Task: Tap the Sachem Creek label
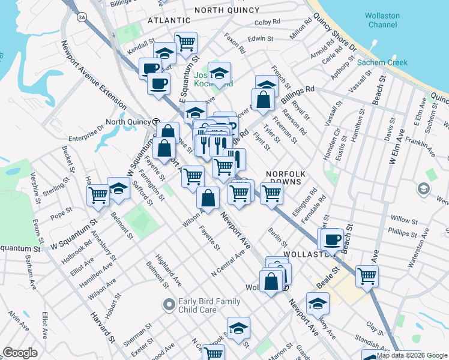tap(382, 62)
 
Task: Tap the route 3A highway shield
tap(82, 18)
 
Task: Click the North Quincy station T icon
tap(155, 122)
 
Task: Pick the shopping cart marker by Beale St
tap(367, 276)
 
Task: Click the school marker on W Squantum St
tap(119, 188)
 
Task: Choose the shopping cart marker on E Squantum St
tap(185, 43)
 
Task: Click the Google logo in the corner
tap(20, 353)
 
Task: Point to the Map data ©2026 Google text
tap(412, 355)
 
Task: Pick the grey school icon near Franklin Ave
tap(423, 190)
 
